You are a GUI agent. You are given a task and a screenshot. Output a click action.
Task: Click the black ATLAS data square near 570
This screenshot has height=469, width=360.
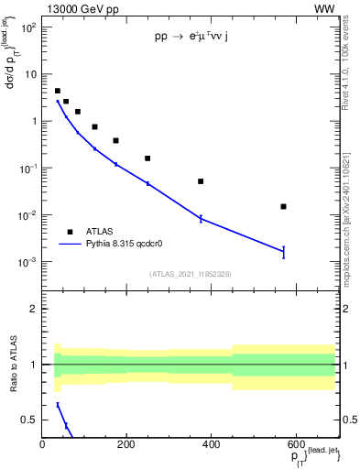(x=284, y=207)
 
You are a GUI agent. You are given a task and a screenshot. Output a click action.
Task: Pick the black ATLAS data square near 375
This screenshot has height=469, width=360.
(x=201, y=181)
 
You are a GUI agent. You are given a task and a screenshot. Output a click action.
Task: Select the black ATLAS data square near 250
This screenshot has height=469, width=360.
(x=147, y=158)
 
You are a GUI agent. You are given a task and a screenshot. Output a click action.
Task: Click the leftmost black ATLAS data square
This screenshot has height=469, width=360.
(x=58, y=91)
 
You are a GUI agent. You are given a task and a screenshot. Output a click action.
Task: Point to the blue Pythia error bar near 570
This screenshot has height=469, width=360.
(x=284, y=252)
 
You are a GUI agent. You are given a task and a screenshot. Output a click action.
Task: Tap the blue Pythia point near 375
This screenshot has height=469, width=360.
(x=201, y=218)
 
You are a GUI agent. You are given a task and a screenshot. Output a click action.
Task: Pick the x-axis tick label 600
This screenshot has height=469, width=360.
(x=294, y=444)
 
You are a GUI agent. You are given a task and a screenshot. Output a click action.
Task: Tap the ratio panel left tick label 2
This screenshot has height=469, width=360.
(x=32, y=309)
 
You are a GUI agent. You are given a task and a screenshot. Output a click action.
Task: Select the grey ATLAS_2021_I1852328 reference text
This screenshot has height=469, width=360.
(x=190, y=274)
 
